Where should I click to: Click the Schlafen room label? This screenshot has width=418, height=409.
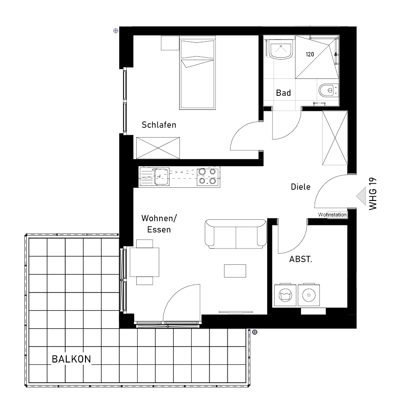coord(159,125)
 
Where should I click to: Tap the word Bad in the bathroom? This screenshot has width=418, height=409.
coord(283,93)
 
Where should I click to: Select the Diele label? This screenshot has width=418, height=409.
coord(301,187)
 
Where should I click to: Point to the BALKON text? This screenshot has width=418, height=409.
coord(71,359)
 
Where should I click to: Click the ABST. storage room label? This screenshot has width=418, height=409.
coord(301,259)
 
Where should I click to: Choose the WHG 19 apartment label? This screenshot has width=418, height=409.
coord(373,194)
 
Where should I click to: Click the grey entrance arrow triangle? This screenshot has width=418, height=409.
coord(361,196)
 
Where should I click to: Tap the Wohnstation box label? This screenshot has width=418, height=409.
coord(332,215)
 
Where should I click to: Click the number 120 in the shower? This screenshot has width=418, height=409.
coord(310,54)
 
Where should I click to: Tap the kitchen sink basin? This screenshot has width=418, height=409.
coord(162,177)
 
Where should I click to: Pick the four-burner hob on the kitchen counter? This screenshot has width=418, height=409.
coord(208,177)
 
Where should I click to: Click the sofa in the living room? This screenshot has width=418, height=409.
coord(236,234)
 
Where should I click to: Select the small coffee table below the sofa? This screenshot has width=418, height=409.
coord(235,271)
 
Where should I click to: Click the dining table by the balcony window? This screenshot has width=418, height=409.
coord(145,262)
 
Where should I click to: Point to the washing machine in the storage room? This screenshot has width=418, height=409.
coord(285,295)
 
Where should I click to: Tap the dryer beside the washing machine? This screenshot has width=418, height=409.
coord(309,295)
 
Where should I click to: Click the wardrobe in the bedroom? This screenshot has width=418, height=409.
coord(158,148)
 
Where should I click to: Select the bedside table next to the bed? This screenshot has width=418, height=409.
coord(170,43)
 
